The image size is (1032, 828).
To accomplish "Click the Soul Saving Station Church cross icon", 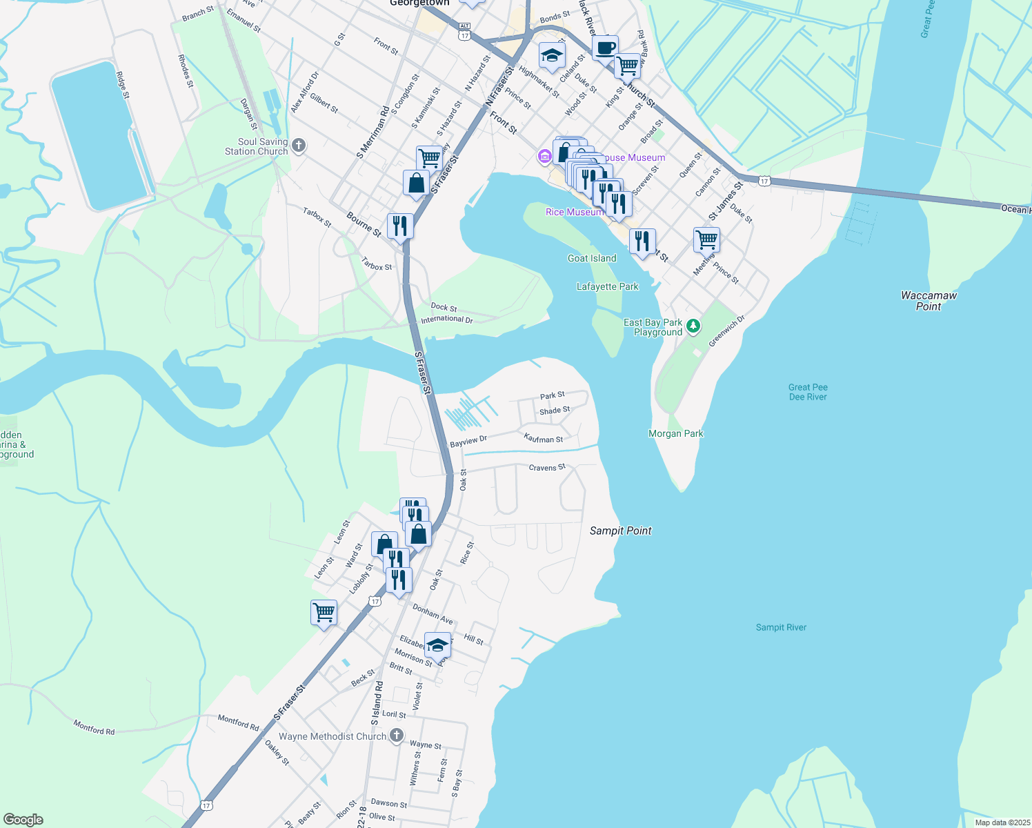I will (299, 146).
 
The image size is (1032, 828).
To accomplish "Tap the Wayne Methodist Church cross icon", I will (397, 736).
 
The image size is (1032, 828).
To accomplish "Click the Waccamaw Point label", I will (929, 301).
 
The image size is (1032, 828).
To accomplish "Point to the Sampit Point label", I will (620, 531).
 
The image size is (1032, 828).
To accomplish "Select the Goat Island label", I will (592, 258).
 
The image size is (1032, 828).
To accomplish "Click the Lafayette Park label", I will (607, 286).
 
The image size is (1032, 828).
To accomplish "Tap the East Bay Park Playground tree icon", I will (694, 326).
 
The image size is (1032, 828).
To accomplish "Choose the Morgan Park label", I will (675, 433).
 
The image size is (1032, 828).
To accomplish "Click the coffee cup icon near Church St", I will (605, 49).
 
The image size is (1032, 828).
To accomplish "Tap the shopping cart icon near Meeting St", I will (706, 240).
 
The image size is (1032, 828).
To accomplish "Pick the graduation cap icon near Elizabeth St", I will (437, 646).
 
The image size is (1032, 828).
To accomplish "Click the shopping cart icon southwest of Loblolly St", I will (324, 612).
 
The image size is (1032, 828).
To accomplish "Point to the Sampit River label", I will (781, 627).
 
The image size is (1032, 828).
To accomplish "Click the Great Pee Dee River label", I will (808, 392).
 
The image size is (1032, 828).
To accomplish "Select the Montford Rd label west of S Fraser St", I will (94, 727).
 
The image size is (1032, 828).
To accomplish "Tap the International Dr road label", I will (447, 319).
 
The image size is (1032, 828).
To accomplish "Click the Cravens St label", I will (547, 467).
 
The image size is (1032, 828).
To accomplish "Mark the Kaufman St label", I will (544, 438).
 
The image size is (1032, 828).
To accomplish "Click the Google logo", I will (23, 820).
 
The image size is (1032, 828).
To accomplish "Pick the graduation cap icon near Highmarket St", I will (552, 56).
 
